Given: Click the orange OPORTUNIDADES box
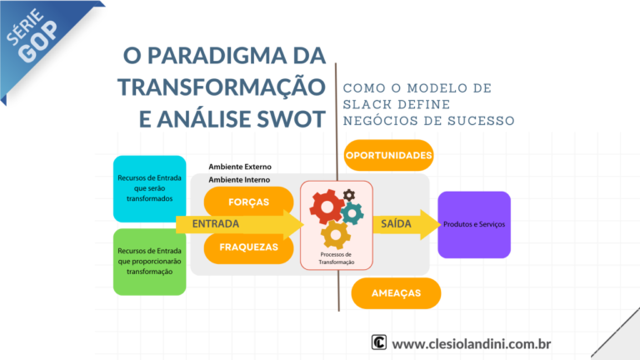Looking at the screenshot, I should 387,156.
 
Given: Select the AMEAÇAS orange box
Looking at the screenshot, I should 396,293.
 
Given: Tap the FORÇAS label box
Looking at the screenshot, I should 248,201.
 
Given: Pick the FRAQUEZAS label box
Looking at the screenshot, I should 248,247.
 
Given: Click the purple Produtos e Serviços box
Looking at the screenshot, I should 473,224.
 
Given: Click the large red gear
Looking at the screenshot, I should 326,205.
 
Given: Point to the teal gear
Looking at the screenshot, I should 352,213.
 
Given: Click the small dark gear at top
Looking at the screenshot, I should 348,195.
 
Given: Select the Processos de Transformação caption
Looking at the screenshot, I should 337,257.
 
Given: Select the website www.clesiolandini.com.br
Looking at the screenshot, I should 471,343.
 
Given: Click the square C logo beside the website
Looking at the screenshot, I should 379,343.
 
